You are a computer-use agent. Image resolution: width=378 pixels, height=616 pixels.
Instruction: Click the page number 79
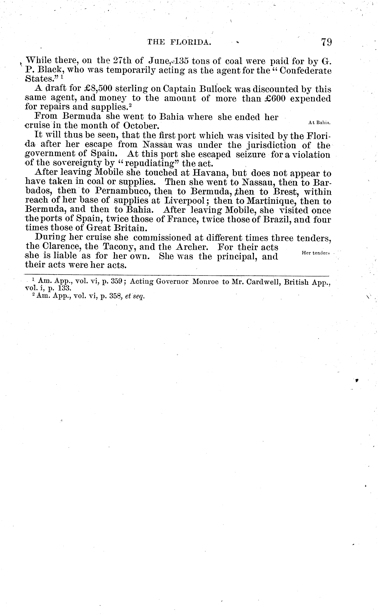[x=326, y=42]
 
